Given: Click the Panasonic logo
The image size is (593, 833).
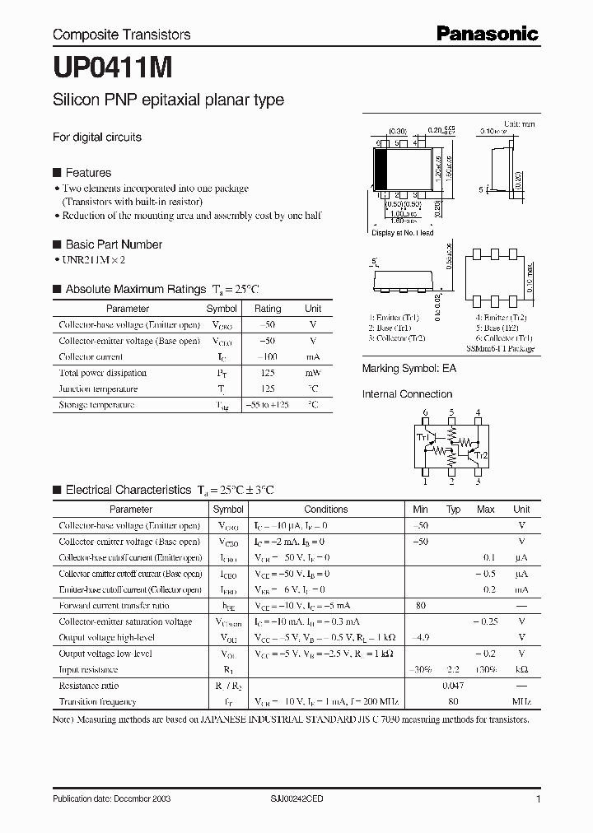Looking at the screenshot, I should pyautogui.click(x=487, y=34).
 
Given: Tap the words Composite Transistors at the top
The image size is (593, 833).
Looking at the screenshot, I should pyautogui.click(x=121, y=35).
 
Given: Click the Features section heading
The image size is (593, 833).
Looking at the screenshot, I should pyautogui.click(x=88, y=173).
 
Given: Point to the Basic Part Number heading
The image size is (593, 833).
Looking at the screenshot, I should pyautogui.click(x=114, y=244).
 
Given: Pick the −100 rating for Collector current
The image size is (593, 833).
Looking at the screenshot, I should pyautogui.click(x=267, y=357).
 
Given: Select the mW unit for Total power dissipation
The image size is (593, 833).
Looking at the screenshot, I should pyautogui.click(x=313, y=373).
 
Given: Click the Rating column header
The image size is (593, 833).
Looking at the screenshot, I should pyautogui.click(x=268, y=309).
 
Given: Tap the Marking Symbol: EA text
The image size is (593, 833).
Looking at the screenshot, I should pyautogui.click(x=409, y=369).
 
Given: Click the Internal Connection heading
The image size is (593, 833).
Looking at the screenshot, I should pyautogui.click(x=408, y=394).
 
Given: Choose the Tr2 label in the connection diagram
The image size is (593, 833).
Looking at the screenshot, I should pyautogui.click(x=483, y=455).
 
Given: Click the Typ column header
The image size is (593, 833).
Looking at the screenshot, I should pyautogui.click(x=453, y=510).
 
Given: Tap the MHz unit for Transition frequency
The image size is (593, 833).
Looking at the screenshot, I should pyautogui.click(x=521, y=702).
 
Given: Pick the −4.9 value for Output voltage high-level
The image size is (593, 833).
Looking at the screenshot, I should pyautogui.click(x=421, y=638).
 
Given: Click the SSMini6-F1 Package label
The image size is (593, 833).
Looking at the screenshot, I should pyautogui.click(x=500, y=349).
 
